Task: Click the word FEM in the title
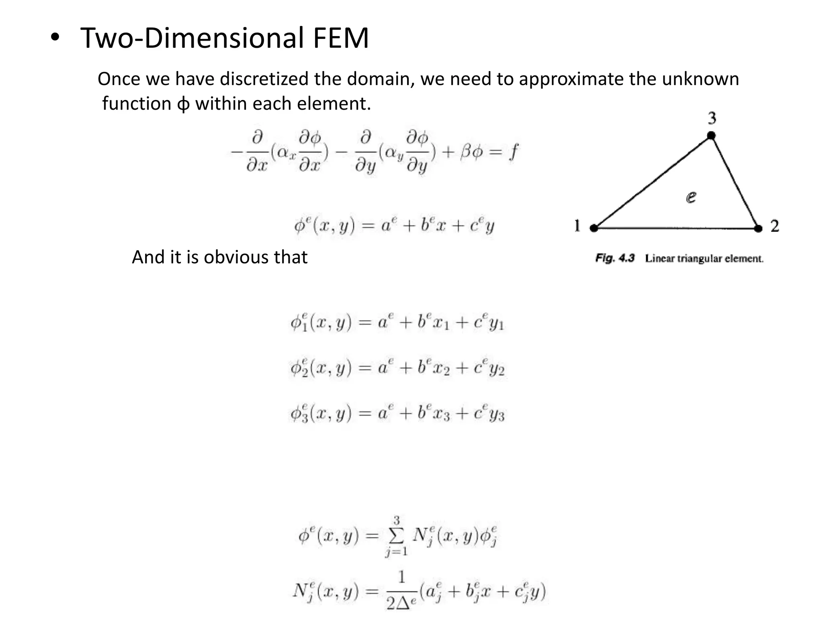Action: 340,38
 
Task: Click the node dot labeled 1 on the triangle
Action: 594,228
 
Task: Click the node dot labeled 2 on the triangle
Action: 758,229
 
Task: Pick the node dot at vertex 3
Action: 711,135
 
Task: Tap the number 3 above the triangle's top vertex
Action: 712,118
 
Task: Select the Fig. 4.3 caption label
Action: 615,258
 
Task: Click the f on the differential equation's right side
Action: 513,152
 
